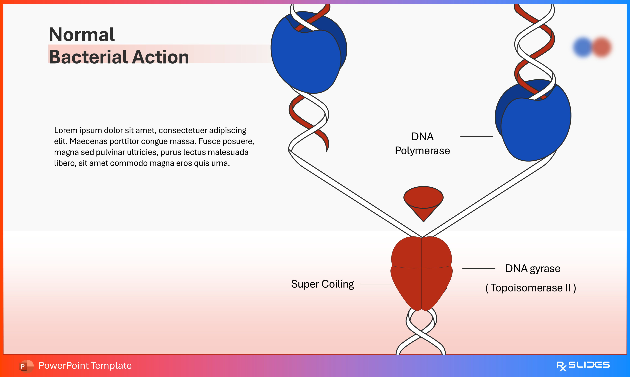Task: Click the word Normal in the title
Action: tap(82, 35)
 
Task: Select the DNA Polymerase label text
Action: tap(422, 144)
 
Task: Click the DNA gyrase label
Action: tap(533, 269)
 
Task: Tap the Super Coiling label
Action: tap(322, 284)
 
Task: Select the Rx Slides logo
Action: tap(583, 366)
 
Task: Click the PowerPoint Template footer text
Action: tap(85, 366)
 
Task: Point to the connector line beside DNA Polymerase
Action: tap(477, 136)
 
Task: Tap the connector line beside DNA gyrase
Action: tap(479, 268)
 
